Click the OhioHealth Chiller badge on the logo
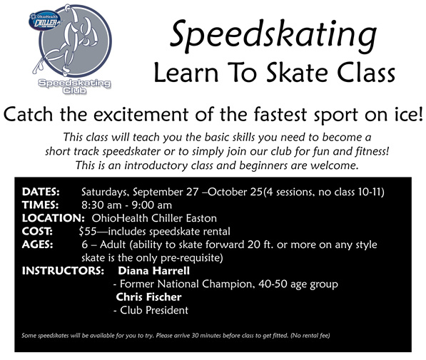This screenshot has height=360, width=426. click(x=45, y=20)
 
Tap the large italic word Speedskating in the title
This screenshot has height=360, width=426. click(x=273, y=35)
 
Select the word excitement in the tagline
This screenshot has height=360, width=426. click(x=141, y=114)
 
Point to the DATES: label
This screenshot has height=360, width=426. click(x=41, y=192)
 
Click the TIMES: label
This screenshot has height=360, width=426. click(x=40, y=205)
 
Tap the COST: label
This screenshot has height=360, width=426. click(x=38, y=231)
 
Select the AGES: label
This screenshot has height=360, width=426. click(x=38, y=245)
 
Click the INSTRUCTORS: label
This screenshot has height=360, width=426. click(x=63, y=271)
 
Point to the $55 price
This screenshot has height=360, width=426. click(x=88, y=231)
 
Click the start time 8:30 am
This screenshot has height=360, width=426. click(x=101, y=205)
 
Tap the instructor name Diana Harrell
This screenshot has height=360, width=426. click(x=153, y=271)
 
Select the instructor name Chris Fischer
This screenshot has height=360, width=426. click(x=148, y=297)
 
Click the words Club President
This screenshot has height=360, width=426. click(x=154, y=310)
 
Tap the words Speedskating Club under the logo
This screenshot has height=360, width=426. click(x=74, y=86)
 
